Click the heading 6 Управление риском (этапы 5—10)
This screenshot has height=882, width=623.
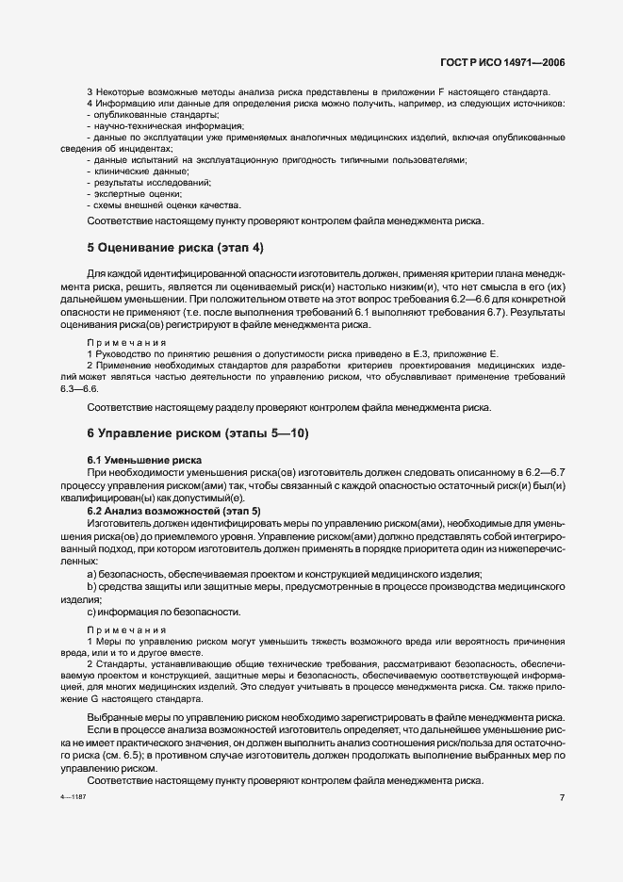pyautogui.click(x=197, y=433)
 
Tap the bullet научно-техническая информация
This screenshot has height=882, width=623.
pyautogui.click(x=154, y=125)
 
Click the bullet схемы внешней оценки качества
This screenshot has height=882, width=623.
pyautogui.click(x=154, y=204)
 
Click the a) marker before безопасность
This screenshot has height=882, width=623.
pyautogui.click(x=91, y=575)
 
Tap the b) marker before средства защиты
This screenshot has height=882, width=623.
pyautogui.click(x=91, y=587)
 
